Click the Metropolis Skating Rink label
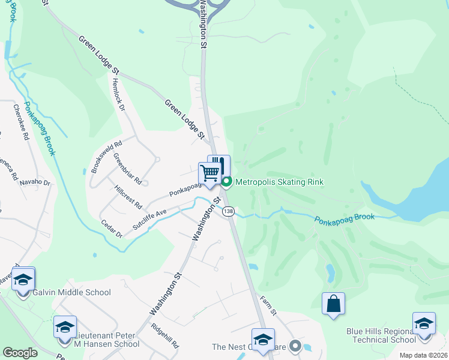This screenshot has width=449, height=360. tap(279, 182)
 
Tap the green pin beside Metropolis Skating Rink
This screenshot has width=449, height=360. tap(226, 182)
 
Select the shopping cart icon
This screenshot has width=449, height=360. tap(209, 173)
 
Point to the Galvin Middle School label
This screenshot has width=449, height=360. tap(73, 293)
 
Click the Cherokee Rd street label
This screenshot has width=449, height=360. tap(21, 122)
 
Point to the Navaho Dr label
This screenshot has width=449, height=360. tap(34, 182)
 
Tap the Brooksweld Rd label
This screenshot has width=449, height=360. tap(106, 157)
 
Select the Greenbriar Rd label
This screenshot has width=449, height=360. tap(127, 170)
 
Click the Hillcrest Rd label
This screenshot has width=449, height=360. tap(127, 197)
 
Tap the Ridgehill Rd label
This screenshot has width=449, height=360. tap(166, 336)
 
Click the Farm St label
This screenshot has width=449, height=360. tap(268, 305)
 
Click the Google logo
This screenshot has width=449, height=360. tap(20, 353)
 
